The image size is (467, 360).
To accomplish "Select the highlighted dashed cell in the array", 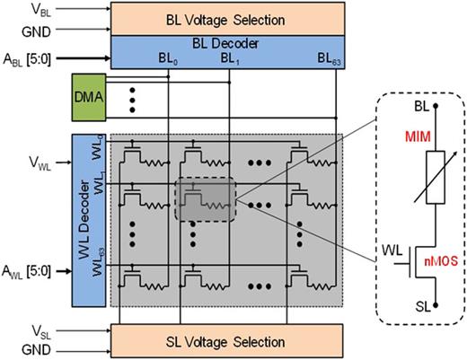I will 205,198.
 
